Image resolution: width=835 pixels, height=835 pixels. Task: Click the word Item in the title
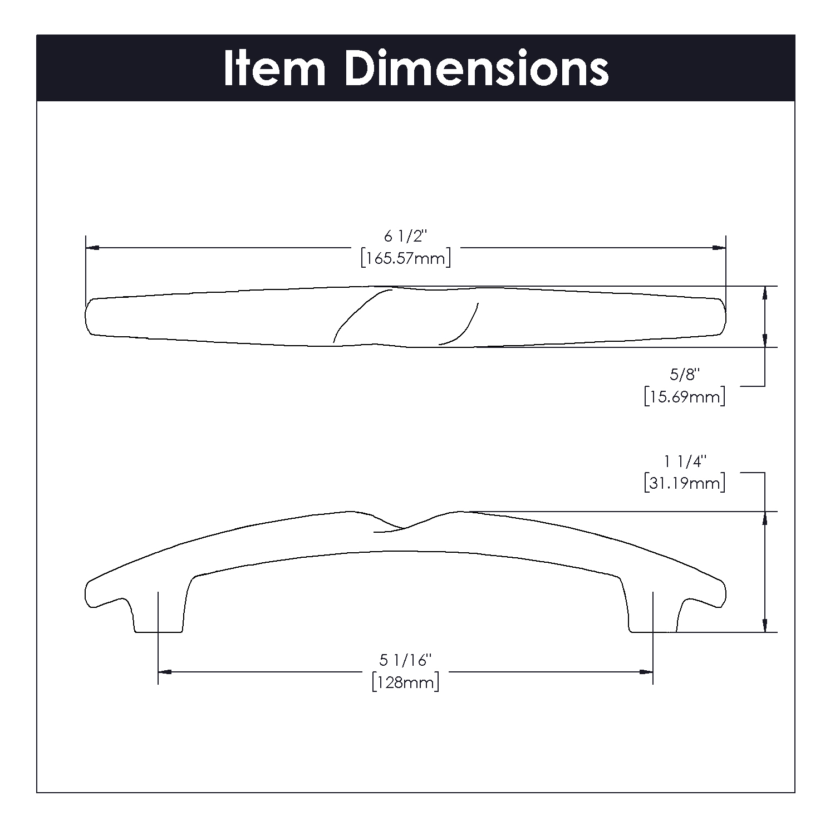point(274,68)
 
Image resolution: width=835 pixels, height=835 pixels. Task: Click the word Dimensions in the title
point(477,68)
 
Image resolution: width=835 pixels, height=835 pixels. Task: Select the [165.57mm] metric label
point(405,259)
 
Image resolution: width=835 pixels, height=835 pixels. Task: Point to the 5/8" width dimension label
point(684,375)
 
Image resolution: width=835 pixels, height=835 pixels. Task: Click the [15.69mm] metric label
point(685,397)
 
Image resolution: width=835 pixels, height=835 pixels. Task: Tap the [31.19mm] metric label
point(685,483)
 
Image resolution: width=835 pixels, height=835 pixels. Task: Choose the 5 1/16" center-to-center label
point(406,660)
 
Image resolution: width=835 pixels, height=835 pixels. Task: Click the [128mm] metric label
point(406,682)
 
